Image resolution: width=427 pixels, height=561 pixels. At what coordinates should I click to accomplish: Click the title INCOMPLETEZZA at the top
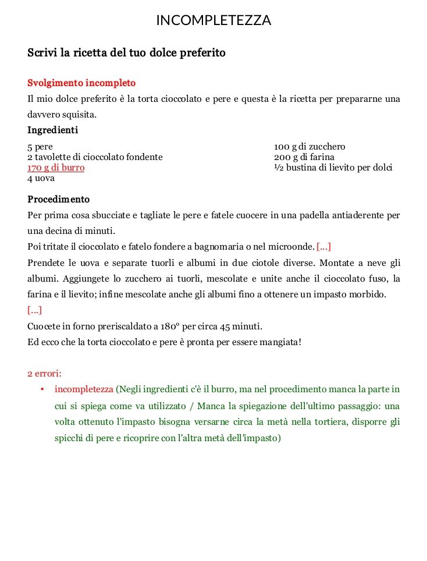pyautogui.click(x=213, y=20)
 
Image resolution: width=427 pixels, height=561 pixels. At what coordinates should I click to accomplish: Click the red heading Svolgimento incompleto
pyautogui.click(x=81, y=83)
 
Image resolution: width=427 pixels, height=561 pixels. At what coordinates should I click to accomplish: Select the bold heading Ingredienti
pyautogui.click(x=53, y=130)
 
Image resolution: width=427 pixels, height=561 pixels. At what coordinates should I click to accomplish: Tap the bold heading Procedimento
pyautogui.click(x=59, y=199)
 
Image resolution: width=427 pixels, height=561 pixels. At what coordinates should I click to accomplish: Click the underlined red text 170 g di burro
pyautogui.click(x=56, y=168)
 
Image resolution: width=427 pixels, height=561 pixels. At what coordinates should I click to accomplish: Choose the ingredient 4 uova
pyautogui.click(x=41, y=178)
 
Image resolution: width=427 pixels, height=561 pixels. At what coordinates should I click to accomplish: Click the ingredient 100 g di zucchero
pyautogui.click(x=309, y=147)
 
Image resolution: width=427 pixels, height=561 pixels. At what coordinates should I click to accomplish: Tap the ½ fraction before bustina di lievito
pyautogui.click(x=277, y=168)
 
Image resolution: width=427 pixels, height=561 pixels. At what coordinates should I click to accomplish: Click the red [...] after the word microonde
pyautogui.click(x=324, y=247)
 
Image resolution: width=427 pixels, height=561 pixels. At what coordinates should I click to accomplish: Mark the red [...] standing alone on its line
pyautogui.click(x=35, y=310)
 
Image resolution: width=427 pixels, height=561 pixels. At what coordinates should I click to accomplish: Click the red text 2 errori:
pyautogui.click(x=44, y=373)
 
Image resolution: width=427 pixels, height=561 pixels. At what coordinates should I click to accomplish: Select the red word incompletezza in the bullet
pyautogui.click(x=84, y=389)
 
